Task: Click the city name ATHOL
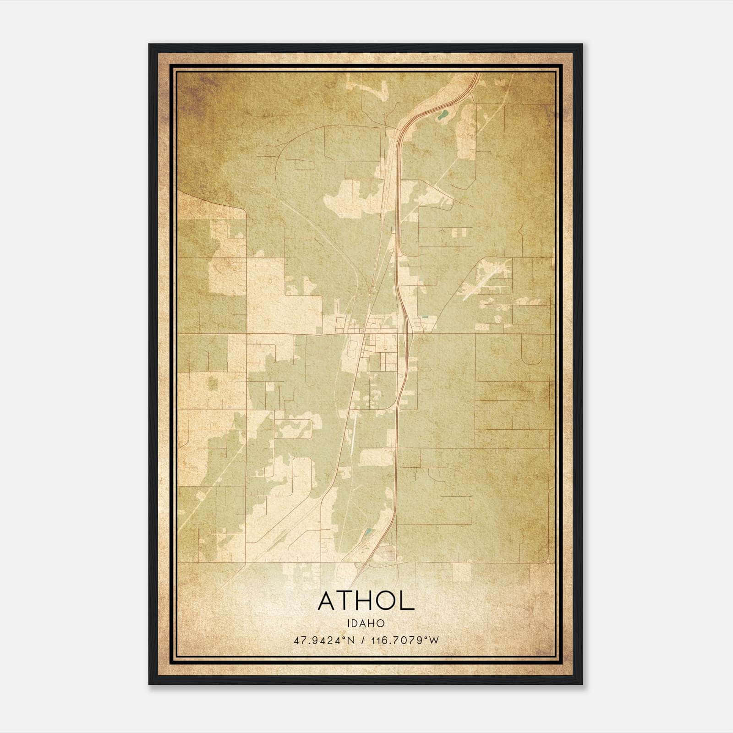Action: click(x=366, y=601)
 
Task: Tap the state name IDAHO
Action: click(x=366, y=623)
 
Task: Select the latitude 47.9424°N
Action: click(x=324, y=640)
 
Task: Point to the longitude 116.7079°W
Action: click(x=405, y=640)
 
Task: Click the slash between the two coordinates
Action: click(x=363, y=640)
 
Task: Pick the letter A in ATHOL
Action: click(x=328, y=601)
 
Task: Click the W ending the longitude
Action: click(x=434, y=640)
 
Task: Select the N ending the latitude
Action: click(x=351, y=640)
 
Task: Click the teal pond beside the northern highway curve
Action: click(x=442, y=115)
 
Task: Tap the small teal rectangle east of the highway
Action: click(x=426, y=317)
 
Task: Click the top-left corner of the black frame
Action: click(x=149, y=45)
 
